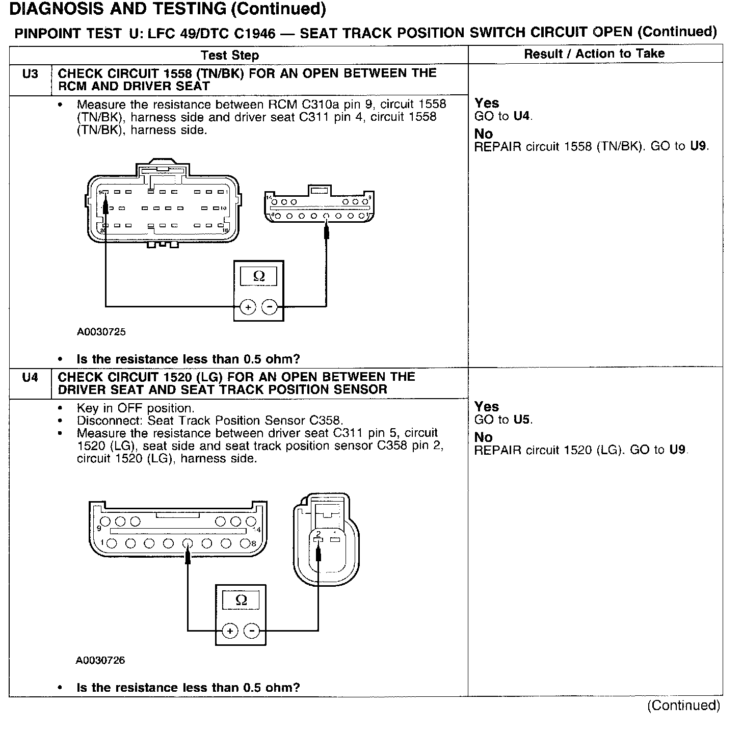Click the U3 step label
coord(30,74)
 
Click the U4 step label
coord(30,378)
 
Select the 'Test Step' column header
coord(229,55)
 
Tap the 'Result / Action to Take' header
coord(594,54)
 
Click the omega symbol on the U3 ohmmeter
coord(259,276)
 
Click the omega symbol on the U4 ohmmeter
coord(241,600)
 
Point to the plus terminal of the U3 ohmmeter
coord(248,307)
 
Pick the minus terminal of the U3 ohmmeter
coord(270,307)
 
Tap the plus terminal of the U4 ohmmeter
coord(230,631)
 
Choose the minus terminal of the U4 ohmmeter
coord(252,631)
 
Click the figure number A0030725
coord(101,332)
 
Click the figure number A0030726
coord(100,660)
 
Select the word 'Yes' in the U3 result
coord(487,103)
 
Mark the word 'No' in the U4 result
coord(484,437)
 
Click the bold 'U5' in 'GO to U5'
coord(522,420)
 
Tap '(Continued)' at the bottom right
coord(683,706)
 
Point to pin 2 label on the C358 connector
coord(318,534)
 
